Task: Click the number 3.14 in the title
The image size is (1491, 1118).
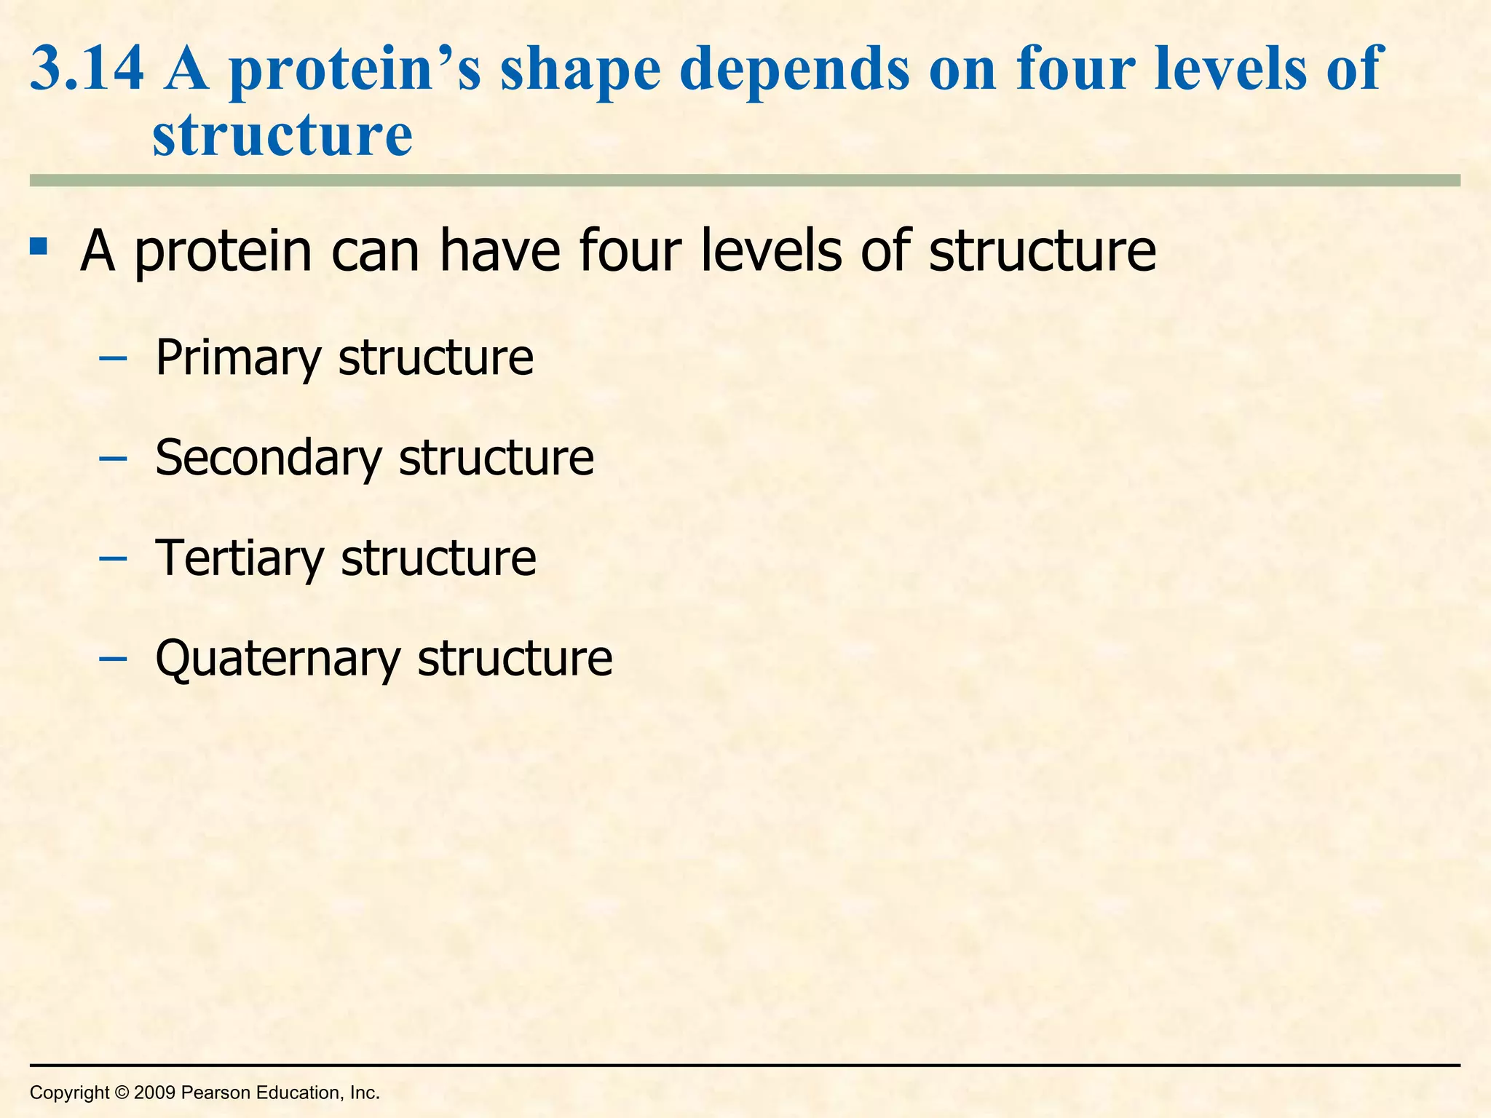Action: click(87, 69)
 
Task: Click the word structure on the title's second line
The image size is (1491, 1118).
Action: click(282, 136)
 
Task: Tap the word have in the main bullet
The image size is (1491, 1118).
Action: click(499, 251)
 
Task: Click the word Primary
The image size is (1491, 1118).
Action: click(238, 358)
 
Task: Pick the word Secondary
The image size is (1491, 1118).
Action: click(269, 458)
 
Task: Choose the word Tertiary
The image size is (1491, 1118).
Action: click(240, 558)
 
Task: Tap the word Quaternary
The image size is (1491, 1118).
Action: click(277, 659)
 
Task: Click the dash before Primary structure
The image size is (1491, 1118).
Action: click(113, 360)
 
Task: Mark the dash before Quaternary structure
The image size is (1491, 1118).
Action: click(113, 659)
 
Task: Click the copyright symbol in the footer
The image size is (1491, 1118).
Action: click(122, 1093)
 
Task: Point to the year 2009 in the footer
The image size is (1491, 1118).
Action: click(155, 1093)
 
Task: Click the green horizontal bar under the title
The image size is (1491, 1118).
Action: click(745, 181)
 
